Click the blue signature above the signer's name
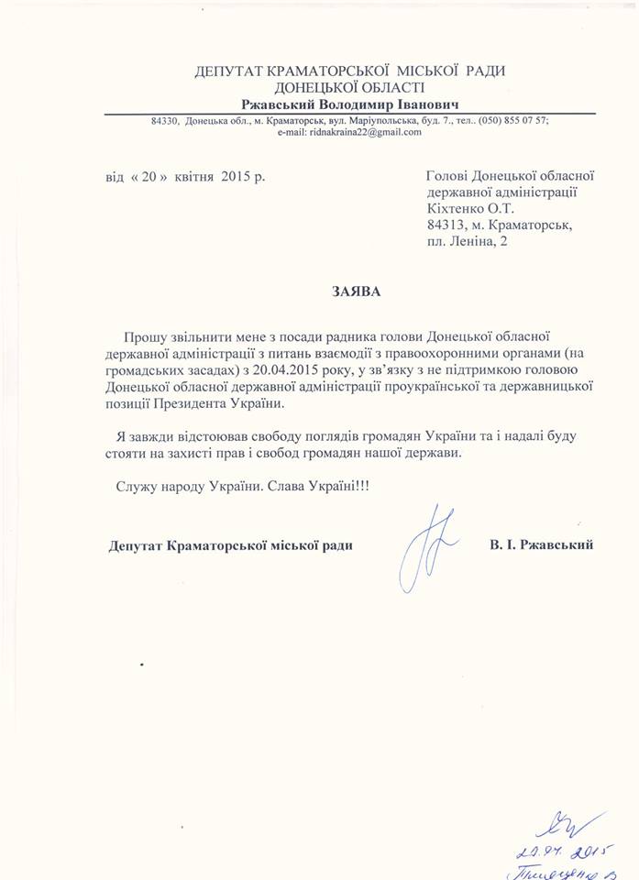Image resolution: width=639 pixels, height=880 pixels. pos(424,547)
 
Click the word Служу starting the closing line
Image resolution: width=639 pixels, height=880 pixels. pos(135,485)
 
